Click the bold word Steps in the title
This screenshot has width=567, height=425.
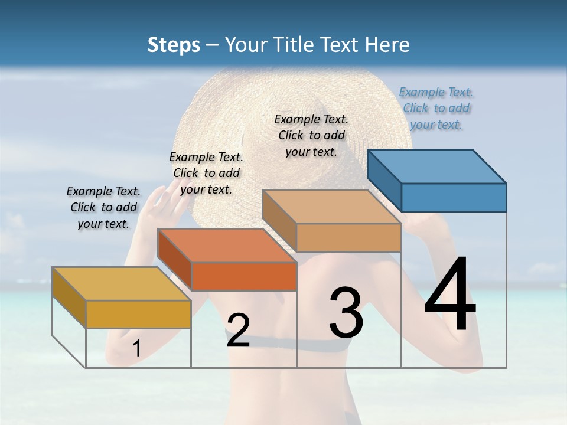click(174, 45)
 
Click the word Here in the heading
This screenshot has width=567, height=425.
click(387, 45)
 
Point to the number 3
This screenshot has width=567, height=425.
click(346, 313)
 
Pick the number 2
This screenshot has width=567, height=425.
click(238, 330)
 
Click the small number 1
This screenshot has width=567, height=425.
click(136, 349)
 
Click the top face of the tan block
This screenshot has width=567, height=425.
click(331, 207)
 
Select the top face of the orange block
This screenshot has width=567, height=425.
click(227, 246)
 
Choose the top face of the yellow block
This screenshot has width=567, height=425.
click(122, 284)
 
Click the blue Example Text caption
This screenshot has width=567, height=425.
click(436, 108)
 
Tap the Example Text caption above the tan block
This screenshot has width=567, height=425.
click(311, 135)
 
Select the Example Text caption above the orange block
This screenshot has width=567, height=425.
click(206, 173)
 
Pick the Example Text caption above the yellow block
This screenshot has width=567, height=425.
click(103, 207)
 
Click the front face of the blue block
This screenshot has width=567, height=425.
click(454, 197)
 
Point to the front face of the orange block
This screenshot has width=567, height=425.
click(244, 276)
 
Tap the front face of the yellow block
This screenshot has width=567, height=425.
click(138, 314)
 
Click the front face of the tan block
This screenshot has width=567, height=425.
click(348, 237)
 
